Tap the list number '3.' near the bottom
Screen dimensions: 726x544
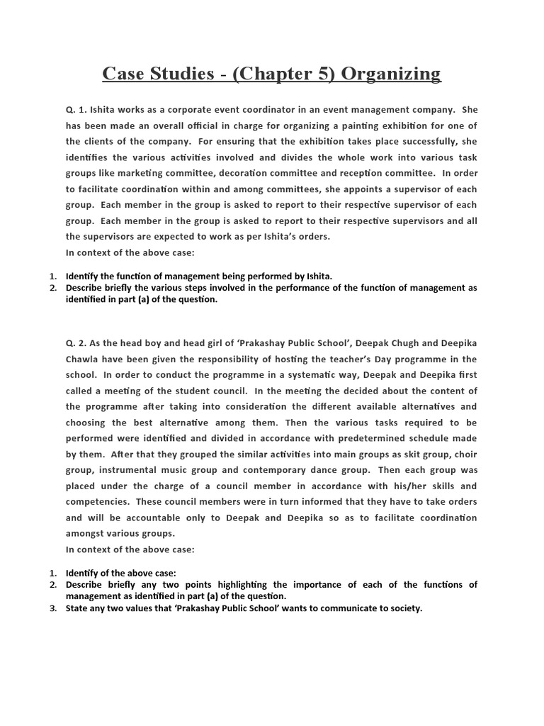click(53, 608)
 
